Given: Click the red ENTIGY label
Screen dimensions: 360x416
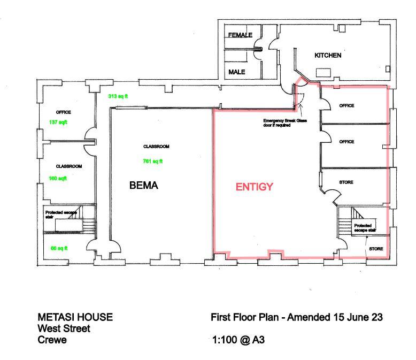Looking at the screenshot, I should pyautogui.click(x=255, y=187).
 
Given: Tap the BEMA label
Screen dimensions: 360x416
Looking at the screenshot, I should pyautogui.click(x=144, y=186).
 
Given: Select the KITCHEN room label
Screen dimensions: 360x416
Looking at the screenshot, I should pyautogui.click(x=327, y=56).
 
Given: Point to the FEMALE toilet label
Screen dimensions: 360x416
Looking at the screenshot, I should pyautogui.click(x=240, y=35).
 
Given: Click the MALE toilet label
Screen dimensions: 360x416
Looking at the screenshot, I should pyautogui.click(x=236, y=72).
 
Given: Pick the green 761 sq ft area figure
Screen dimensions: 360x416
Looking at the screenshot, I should pyautogui.click(x=153, y=161).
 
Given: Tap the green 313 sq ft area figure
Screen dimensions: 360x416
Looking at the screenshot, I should pyautogui.click(x=119, y=96).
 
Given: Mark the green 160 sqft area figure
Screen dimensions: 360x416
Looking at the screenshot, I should pyautogui.click(x=58, y=179).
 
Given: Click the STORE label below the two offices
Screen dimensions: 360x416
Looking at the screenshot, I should pyautogui.click(x=346, y=182).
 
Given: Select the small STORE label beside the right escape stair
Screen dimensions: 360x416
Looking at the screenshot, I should pyautogui.click(x=376, y=249).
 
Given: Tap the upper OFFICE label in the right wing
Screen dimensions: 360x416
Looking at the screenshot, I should pyautogui.click(x=346, y=106).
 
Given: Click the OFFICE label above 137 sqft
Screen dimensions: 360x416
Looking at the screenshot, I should pyautogui.click(x=63, y=112).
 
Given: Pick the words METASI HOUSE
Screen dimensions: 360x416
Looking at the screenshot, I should pyautogui.click(x=75, y=317).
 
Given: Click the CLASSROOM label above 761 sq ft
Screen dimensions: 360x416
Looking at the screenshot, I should pyautogui.click(x=156, y=147).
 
